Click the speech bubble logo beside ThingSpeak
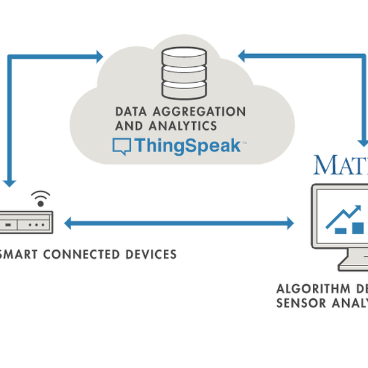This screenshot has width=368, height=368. point(121,147)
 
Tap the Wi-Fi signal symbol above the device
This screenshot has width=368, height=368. point(41,197)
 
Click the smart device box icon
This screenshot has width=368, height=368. point(27,223)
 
